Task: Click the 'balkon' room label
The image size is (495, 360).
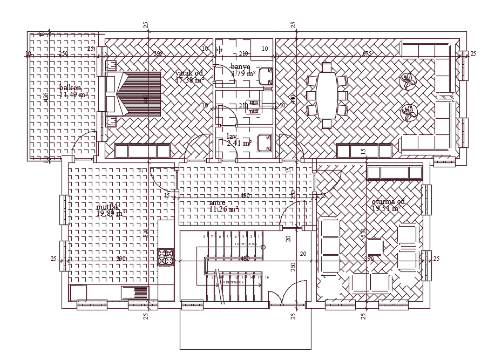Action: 70,87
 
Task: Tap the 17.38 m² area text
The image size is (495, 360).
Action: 190,80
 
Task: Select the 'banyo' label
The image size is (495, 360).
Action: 240,66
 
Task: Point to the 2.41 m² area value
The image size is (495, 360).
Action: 239,143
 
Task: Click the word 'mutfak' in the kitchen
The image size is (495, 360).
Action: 108,207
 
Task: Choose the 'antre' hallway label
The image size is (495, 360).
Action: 217,203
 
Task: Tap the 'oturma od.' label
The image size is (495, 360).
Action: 388,201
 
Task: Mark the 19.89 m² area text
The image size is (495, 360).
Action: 111,214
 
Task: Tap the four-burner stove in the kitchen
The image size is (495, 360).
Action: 166,257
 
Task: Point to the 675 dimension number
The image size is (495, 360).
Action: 367,53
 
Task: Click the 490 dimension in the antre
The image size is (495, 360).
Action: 245,195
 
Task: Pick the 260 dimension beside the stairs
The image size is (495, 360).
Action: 293,266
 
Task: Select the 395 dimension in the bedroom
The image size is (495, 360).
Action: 158,53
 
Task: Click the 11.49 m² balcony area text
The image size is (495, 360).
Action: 73,94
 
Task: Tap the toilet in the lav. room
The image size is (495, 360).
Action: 265,142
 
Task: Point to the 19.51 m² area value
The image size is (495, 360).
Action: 386,208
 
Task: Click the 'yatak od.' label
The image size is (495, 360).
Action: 189,73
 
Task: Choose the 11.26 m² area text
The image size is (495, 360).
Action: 223,209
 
